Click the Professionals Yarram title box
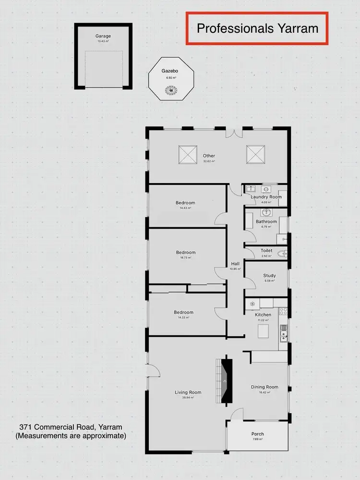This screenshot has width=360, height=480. tap(257, 29)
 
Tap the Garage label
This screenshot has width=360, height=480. tap(103, 36)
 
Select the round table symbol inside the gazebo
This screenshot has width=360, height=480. tap(171, 89)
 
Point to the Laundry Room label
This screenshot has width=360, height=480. tap(266, 197)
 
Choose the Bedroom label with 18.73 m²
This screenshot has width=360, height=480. tap(186, 253)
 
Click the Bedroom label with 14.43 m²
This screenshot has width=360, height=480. tap(185, 203)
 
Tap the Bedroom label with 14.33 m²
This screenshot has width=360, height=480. tap(183, 312)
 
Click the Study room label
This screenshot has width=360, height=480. tap(269, 276)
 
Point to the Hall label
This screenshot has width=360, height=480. tap(235, 264)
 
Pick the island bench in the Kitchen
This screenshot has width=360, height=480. tap(264, 331)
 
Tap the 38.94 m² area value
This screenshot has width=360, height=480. tap(188, 398)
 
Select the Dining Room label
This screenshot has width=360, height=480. tap(264, 387)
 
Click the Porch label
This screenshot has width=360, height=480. tap(257, 434)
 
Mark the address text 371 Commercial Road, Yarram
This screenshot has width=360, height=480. tap(71, 427)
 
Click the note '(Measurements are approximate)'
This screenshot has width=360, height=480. tap(71, 436)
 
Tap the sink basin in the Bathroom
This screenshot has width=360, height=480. tap(266, 212)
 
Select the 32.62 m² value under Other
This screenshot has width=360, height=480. tap(209, 161)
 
